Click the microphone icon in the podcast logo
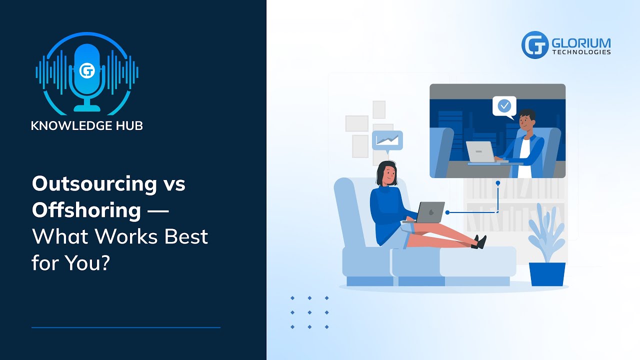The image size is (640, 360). coord(87,75)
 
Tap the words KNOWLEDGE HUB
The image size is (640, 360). coord(87,125)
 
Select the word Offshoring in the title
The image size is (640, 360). coord(86,210)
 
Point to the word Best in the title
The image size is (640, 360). coord(185,236)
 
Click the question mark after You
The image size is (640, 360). coord(104,262)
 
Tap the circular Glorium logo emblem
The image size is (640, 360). coord(535,45)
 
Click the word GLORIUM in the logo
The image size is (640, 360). coord(581,42)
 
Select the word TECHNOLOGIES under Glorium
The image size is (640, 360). coord(581,52)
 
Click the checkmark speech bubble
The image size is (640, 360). coord(504,106)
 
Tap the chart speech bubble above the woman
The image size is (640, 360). coord(387,140)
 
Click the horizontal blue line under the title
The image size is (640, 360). coord(126,327)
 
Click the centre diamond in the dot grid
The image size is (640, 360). coord(309,312)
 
